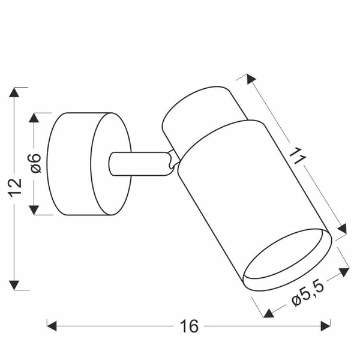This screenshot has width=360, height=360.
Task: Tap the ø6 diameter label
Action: click(35, 163)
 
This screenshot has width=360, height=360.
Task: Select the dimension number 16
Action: click(189, 326)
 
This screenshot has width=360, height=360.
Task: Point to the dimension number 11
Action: click(296, 157)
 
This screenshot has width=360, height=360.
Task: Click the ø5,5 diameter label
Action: click(308, 293)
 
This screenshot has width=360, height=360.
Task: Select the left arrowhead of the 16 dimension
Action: click(52, 326)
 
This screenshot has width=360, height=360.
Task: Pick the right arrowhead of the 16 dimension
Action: click(325, 326)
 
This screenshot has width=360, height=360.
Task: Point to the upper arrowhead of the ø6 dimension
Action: click(34, 117)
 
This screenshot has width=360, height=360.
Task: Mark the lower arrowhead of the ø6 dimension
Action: click(34, 209)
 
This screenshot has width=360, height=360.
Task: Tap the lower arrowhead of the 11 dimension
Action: click(343, 230)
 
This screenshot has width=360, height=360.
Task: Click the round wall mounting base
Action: click(90, 163)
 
